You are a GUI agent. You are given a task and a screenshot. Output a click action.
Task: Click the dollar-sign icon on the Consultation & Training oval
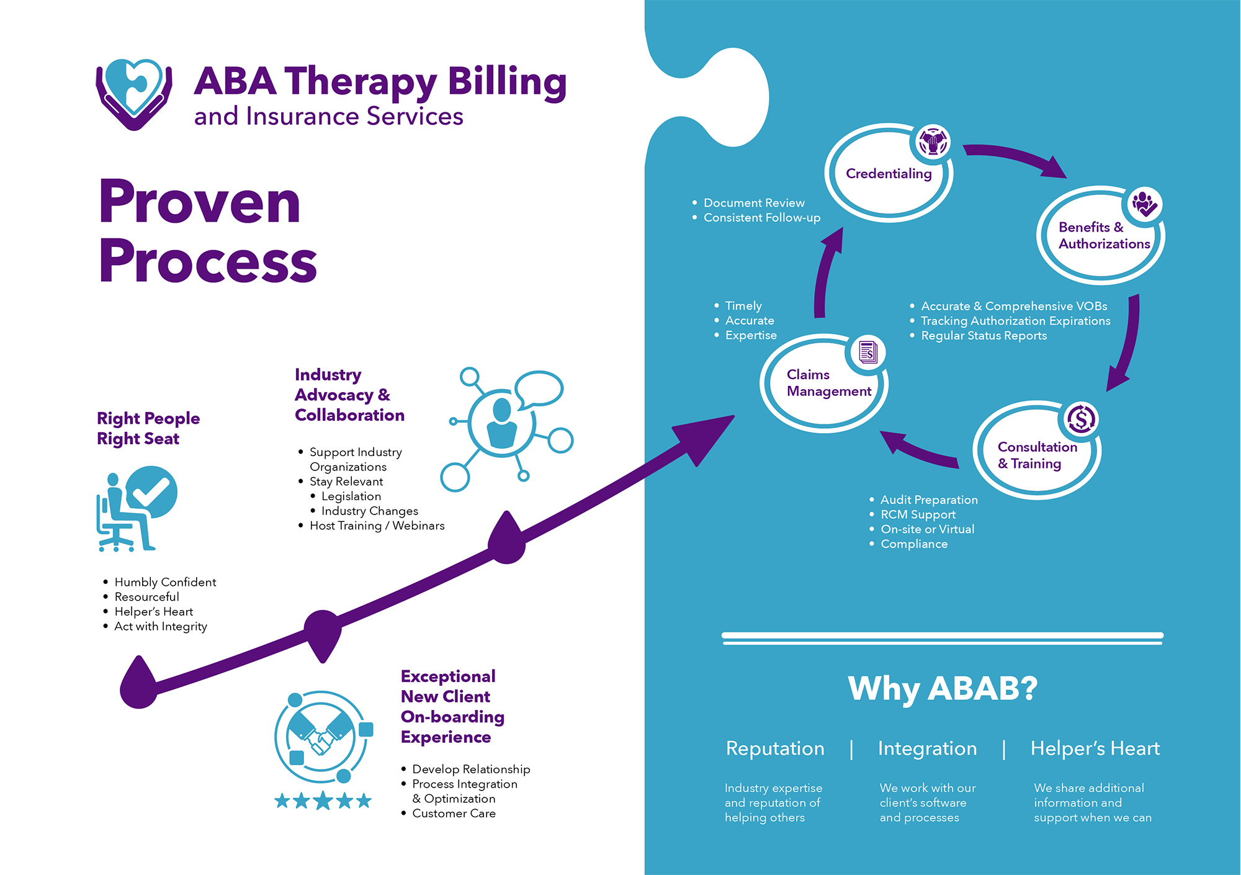click(1082, 419)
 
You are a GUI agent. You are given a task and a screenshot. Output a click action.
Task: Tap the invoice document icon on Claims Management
click(868, 352)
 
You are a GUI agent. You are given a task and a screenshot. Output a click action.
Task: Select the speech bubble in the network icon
click(539, 390)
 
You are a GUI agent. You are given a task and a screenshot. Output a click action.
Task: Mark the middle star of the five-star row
click(323, 801)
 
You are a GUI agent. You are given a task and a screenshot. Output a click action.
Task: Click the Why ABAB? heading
click(943, 688)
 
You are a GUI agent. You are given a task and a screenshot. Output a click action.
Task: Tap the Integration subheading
click(927, 748)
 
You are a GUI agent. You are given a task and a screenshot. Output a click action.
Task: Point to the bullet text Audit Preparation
click(929, 500)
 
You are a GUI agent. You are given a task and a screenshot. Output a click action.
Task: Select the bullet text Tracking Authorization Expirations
click(1015, 321)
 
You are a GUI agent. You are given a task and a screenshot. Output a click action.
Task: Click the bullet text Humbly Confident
click(165, 582)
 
